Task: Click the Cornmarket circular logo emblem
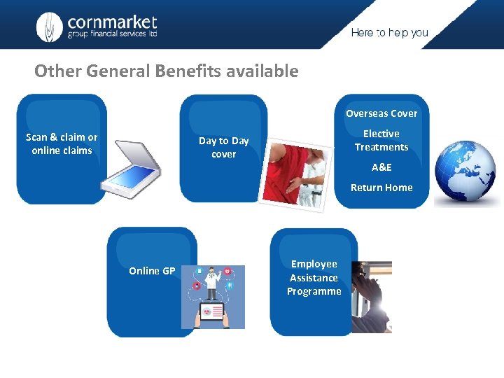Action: tap(50, 27)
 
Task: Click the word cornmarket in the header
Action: tap(112, 22)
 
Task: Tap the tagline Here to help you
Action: tap(389, 33)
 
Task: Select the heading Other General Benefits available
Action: tap(167, 71)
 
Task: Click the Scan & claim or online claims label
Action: tap(62, 143)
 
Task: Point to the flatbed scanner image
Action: tap(132, 165)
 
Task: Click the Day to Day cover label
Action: tap(224, 147)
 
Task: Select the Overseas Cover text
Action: tap(381, 113)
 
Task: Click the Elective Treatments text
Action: tap(381, 140)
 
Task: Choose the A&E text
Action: tap(381, 167)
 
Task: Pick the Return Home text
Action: tap(381, 188)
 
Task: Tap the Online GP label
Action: tap(152, 271)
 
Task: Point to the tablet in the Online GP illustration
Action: tap(213, 312)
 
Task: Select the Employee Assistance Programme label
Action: tap(314, 277)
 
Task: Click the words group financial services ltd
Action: tap(112, 35)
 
